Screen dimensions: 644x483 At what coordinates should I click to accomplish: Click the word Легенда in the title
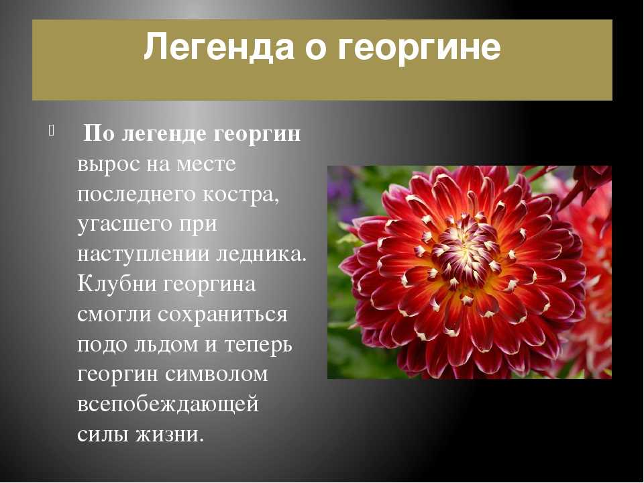click(x=219, y=47)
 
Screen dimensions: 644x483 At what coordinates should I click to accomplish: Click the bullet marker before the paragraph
click(x=51, y=130)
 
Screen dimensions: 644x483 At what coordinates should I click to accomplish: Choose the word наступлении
click(x=144, y=255)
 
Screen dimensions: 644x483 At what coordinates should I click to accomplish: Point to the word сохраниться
click(x=223, y=315)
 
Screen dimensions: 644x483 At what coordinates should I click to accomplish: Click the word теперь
click(x=258, y=345)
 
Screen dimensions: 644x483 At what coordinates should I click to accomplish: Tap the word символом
click(x=217, y=375)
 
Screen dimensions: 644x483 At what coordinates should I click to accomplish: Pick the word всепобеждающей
click(x=168, y=405)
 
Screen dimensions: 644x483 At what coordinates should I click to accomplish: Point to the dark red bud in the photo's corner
click(x=592, y=180)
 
